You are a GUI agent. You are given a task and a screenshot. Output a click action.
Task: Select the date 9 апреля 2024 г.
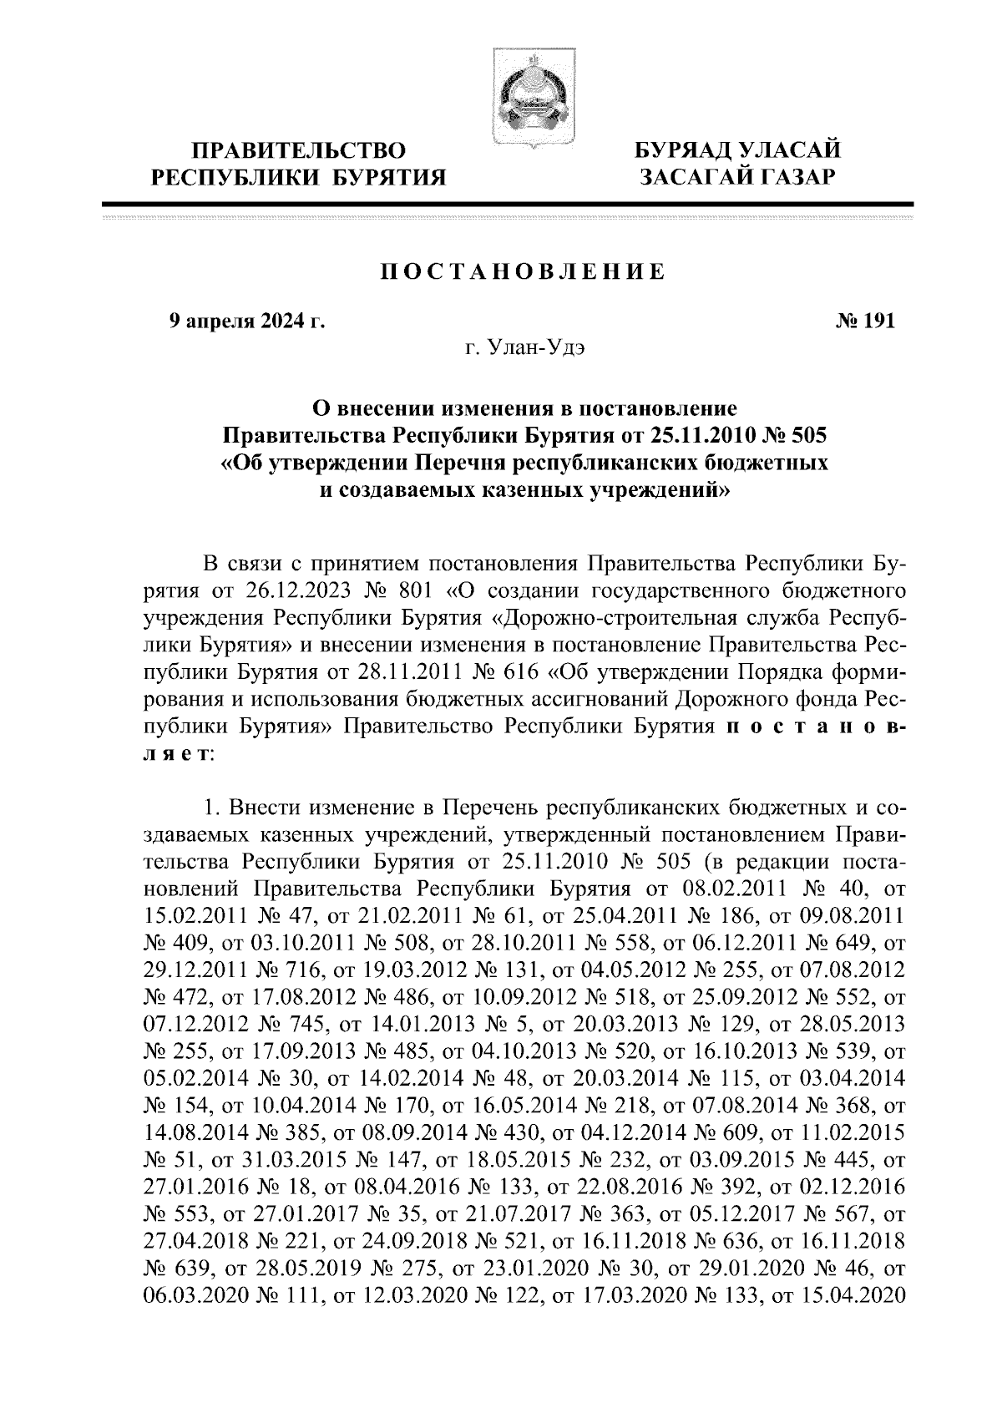click(x=247, y=322)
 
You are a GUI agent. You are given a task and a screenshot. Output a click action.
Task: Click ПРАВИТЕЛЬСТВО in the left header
click(x=301, y=151)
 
